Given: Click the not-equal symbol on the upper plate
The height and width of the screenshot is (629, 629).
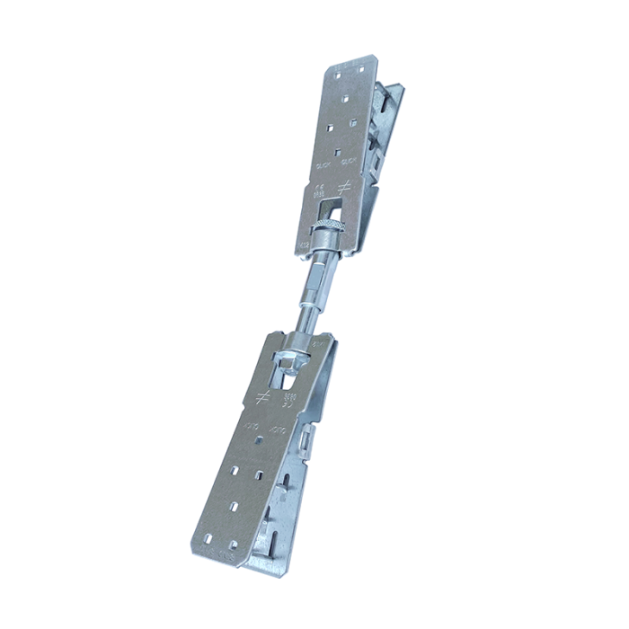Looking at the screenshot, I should [x=342, y=187].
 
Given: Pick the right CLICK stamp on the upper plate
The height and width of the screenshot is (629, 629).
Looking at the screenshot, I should [x=351, y=162].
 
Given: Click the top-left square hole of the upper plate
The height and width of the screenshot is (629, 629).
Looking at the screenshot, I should [x=339, y=72].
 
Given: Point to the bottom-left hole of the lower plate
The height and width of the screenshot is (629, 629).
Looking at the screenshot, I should [x=208, y=538].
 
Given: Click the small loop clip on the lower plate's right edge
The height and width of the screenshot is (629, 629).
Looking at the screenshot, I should [x=307, y=440].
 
